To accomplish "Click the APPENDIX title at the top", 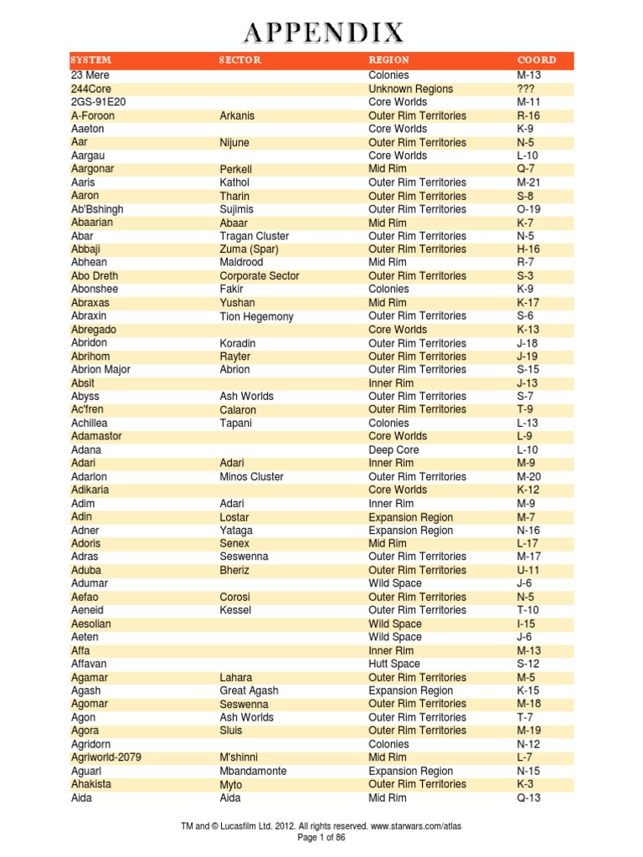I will (323, 33).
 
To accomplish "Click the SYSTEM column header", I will (91, 60).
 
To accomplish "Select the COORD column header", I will (536, 60).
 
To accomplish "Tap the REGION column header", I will (388, 60).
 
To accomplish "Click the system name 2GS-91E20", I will (99, 102).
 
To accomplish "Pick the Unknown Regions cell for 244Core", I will (410, 89).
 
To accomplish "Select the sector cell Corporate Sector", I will (259, 276).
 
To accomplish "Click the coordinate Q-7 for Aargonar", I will (527, 169).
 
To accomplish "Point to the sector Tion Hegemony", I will (256, 316).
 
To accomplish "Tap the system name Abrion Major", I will (100, 370).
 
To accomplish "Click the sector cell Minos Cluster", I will (251, 477).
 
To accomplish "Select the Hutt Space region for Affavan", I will (394, 664).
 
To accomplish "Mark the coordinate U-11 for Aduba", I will (529, 570).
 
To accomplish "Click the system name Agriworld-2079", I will (106, 757).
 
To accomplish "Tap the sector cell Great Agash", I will (249, 690).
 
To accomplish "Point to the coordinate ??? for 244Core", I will (527, 89).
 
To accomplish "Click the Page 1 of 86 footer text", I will (321, 837).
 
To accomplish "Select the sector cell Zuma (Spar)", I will (249, 249).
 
